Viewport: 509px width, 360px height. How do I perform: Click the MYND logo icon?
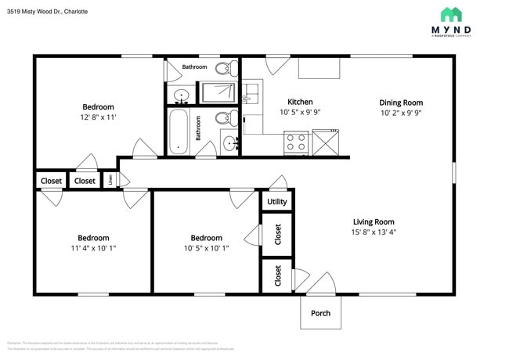pos(451,14)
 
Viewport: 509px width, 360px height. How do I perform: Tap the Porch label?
pos(320,313)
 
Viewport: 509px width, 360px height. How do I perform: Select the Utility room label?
pos(277,201)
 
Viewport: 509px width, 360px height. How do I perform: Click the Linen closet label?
pos(110,180)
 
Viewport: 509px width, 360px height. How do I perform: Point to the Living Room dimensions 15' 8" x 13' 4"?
pos(374,232)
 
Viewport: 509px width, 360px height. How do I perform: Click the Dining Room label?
pos(401,103)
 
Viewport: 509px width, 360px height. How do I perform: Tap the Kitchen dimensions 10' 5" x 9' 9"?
pos(300,113)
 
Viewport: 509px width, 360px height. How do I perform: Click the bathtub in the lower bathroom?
pos(179,131)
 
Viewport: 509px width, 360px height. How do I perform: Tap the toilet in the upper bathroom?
pos(225,67)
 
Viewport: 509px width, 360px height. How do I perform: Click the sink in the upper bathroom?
pos(181,96)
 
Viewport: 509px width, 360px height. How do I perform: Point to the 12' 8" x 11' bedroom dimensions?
pos(99,117)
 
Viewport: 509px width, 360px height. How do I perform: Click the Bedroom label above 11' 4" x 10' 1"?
pos(93,238)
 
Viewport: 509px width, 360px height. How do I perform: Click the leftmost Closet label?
pos(51,181)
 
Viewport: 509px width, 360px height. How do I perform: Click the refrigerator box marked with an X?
pos(324,142)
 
